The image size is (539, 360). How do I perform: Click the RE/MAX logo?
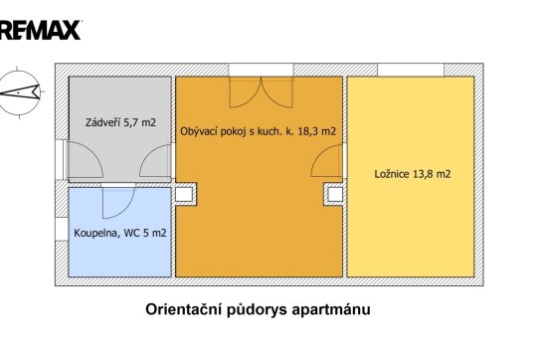point(40,30)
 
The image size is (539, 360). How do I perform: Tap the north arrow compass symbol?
point(20,92)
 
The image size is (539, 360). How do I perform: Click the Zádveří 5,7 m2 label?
point(120,122)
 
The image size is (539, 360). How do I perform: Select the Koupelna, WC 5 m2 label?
point(120,233)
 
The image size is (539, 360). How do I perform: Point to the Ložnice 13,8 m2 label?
point(412,174)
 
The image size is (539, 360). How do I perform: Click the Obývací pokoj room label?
point(258,131)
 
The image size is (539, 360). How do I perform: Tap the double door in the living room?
point(262,92)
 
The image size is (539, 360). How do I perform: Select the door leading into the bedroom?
point(327,160)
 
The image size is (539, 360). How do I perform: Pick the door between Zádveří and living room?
point(155,161)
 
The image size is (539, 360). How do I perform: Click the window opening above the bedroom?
point(411,70)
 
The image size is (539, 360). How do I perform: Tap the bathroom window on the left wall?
point(62,229)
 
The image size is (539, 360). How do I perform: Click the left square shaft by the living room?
point(186,194)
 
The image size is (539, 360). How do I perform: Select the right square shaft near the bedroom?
point(334,195)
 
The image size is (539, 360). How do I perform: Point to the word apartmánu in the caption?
point(331,310)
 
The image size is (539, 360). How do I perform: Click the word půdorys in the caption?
point(257,310)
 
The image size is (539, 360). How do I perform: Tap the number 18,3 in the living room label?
point(308,131)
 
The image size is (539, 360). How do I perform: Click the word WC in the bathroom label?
point(131,233)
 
